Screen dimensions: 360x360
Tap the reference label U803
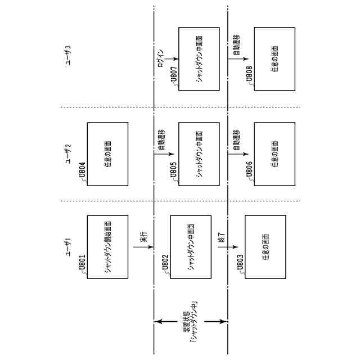coord(240,264)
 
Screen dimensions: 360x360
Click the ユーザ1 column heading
coord(68,246)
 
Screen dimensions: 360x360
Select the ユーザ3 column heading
coord(68,58)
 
